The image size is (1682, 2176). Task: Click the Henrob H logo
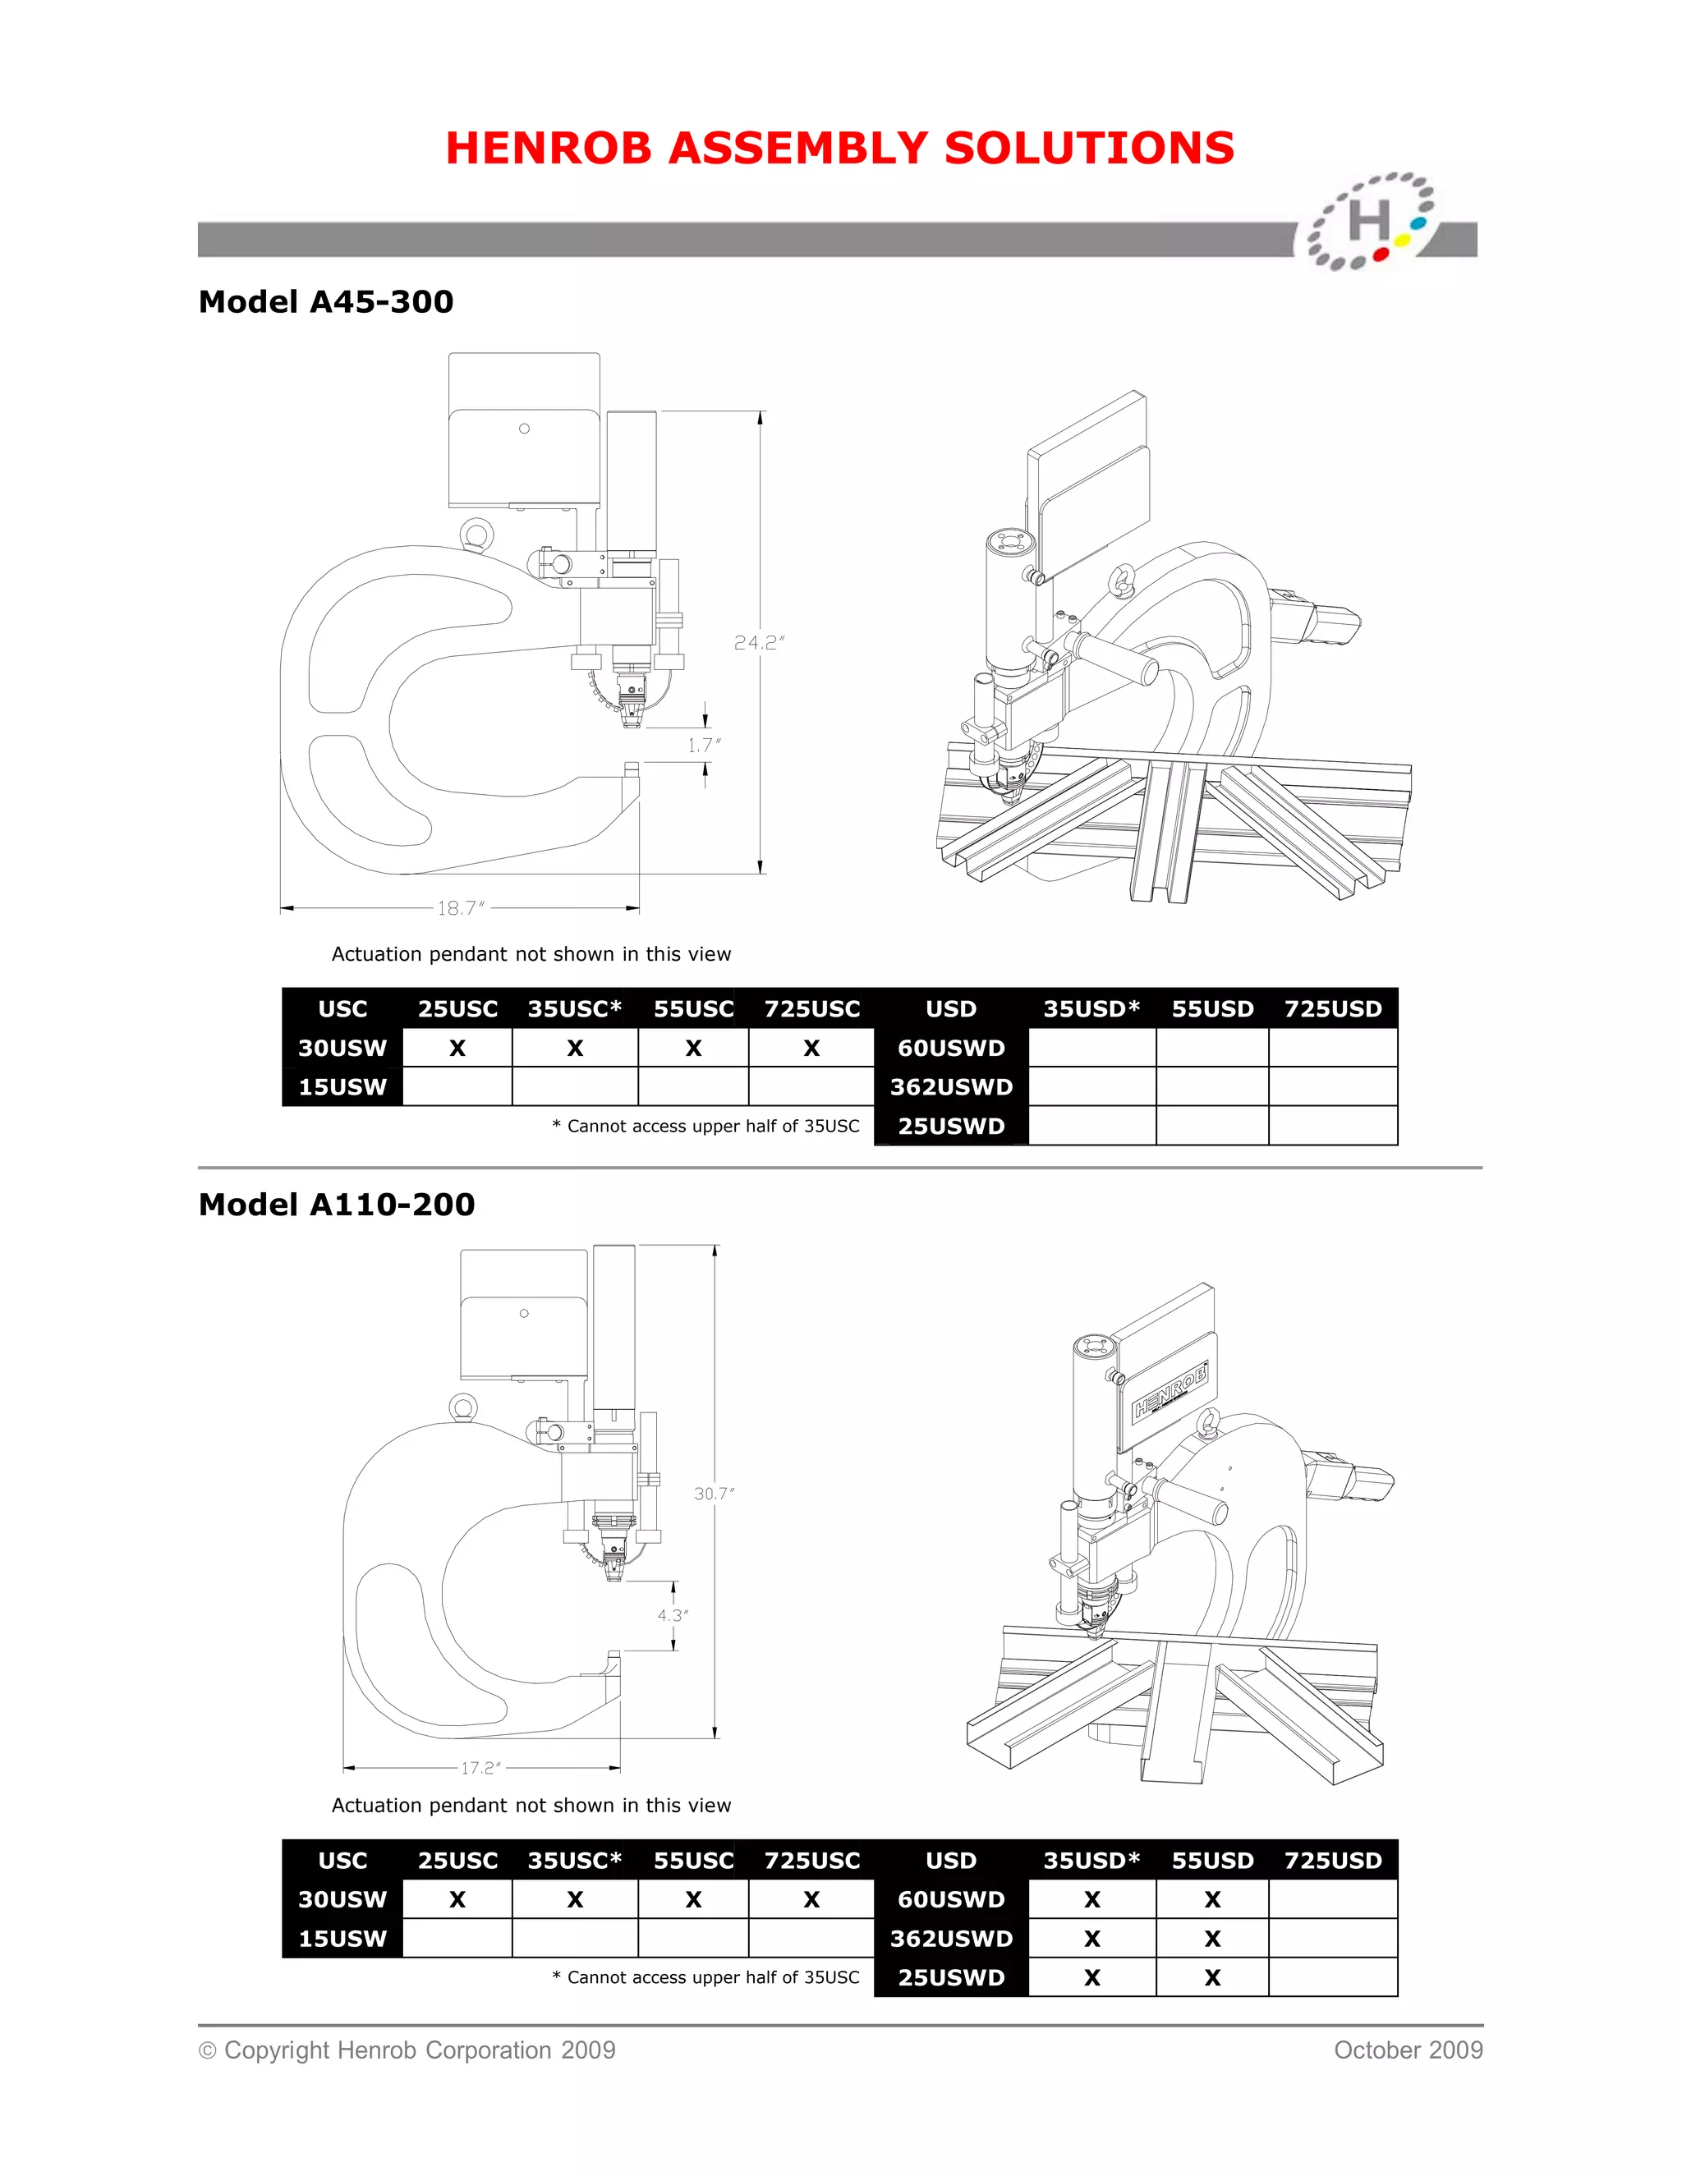tap(1371, 221)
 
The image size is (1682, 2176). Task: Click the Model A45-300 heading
tap(326, 302)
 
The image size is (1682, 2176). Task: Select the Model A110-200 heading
tap(337, 1205)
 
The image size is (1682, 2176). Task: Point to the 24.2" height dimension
tap(758, 643)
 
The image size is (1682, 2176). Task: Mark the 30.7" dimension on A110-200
tap(714, 1494)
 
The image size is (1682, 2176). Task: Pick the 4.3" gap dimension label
tap(673, 1615)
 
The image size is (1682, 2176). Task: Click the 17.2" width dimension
tap(480, 1768)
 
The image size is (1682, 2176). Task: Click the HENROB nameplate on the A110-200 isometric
tap(1171, 1392)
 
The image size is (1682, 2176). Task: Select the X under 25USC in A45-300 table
tap(457, 1048)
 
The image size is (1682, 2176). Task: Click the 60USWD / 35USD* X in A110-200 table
tap(1092, 1900)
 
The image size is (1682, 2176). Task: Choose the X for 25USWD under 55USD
tap(1211, 1978)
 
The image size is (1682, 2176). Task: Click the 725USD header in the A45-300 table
tap(1332, 1009)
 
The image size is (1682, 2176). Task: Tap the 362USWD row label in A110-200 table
tap(950, 1939)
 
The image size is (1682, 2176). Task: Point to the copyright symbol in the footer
tap(207, 2051)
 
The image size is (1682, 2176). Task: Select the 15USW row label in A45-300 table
tap(342, 1087)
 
